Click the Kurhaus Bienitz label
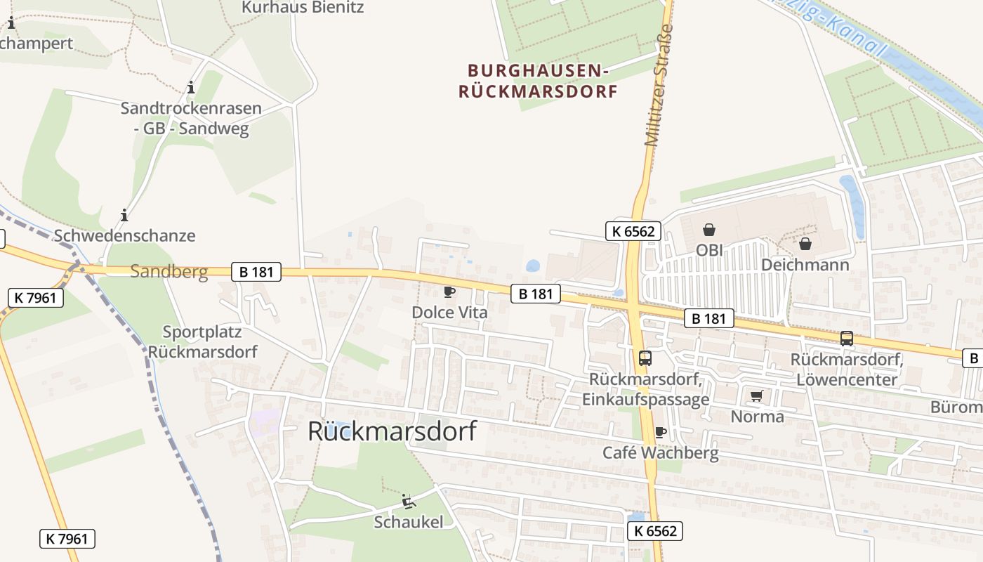(x=303, y=8)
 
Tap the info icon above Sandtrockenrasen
(x=190, y=88)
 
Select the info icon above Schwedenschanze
(x=124, y=215)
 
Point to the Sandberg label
(x=169, y=272)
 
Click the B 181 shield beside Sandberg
(x=256, y=272)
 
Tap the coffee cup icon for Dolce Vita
(x=449, y=292)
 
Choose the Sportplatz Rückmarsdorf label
(x=202, y=341)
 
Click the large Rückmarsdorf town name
(x=392, y=431)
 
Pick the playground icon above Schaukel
(x=408, y=502)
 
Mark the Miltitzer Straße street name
(x=659, y=86)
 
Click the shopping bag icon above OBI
(x=709, y=230)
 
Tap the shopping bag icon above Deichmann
(x=805, y=244)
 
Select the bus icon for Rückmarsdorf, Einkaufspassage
(x=645, y=358)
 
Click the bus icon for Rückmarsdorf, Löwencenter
(x=847, y=339)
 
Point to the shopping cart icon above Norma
(x=756, y=396)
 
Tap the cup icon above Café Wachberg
(x=660, y=432)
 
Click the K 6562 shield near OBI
(x=633, y=231)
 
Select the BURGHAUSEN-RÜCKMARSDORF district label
(x=538, y=81)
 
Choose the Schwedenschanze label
(x=124, y=235)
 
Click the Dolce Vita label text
(x=449, y=313)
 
